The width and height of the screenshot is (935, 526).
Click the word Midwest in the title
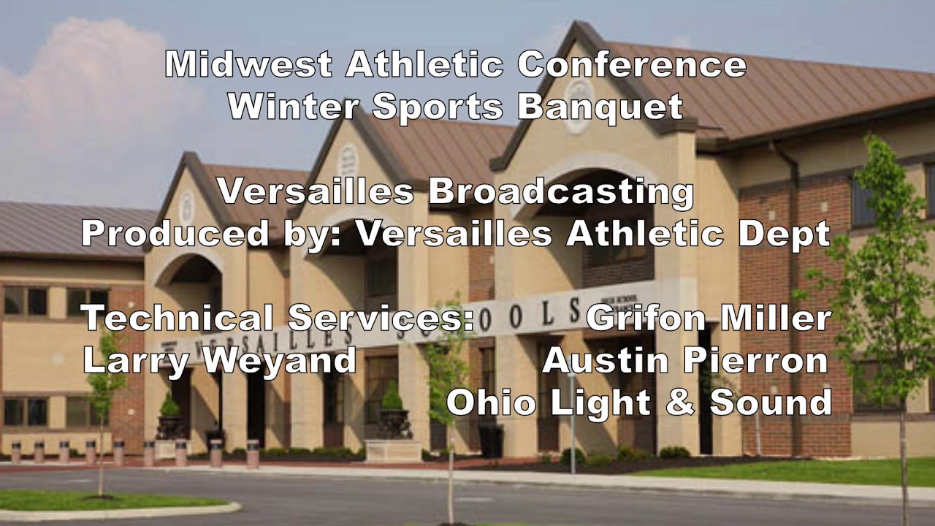tap(249, 66)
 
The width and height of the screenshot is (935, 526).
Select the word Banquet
tap(600, 107)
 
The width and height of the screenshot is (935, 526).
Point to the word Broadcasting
tap(560, 192)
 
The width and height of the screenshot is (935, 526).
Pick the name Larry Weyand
tap(220, 361)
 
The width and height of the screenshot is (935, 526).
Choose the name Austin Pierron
tap(685, 361)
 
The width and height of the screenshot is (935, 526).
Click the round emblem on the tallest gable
tap(579, 116)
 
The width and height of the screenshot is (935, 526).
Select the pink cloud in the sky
tap(66, 88)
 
